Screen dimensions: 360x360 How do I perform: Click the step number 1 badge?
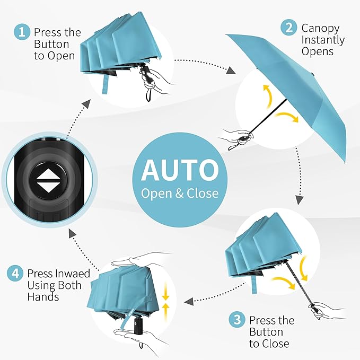[x=22, y=32]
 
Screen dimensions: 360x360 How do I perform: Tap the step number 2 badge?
[x=289, y=28]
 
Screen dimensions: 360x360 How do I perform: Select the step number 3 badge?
[x=237, y=321]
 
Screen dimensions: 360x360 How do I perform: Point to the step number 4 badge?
[x=15, y=274]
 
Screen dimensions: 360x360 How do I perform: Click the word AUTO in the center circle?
[x=179, y=170]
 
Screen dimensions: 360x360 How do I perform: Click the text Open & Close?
[x=179, y=193]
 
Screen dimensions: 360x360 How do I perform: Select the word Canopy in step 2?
[x=320, y=28]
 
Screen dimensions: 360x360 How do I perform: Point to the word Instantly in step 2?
[x=323, y=40]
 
